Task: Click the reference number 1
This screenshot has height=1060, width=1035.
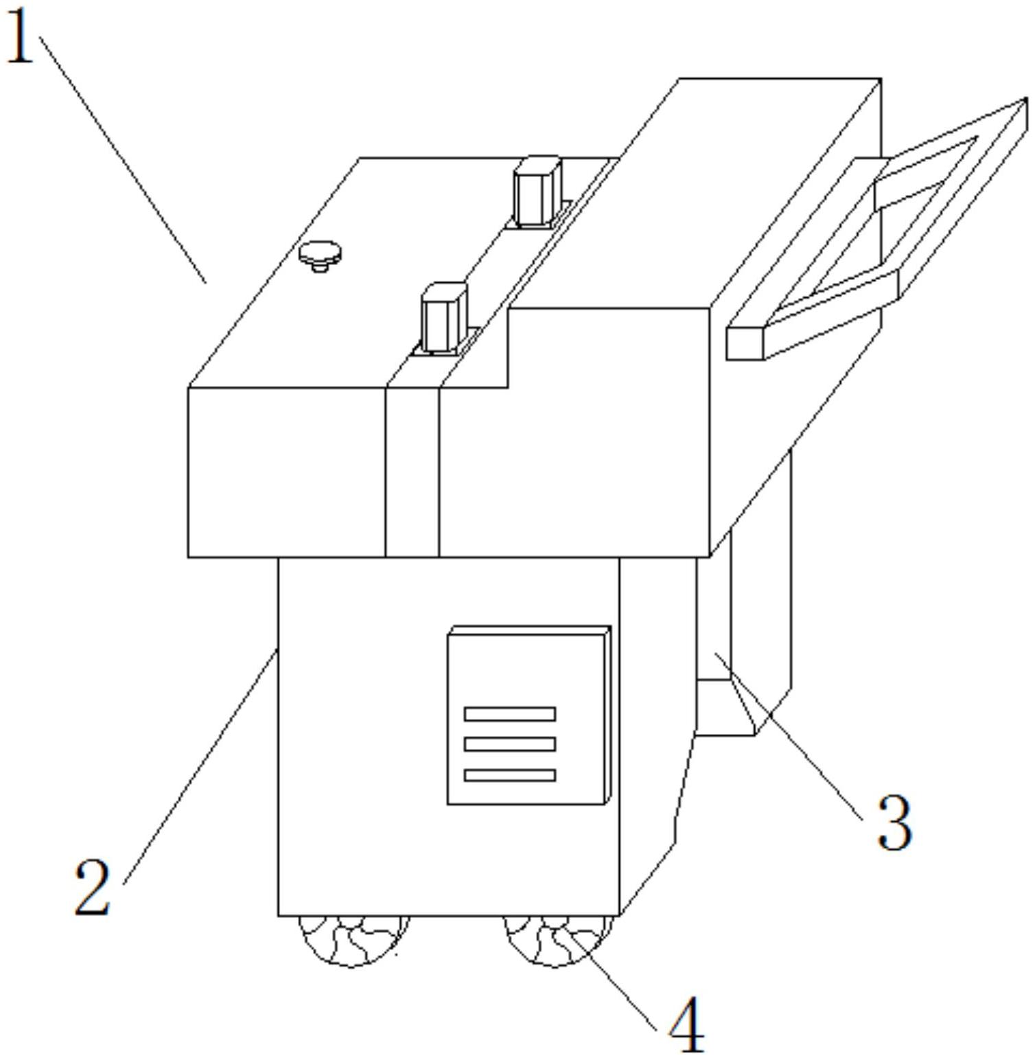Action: (21, 38)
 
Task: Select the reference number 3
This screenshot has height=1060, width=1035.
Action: (894, 822)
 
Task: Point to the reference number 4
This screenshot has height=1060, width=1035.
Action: (687, 1026)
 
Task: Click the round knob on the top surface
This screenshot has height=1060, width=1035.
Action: (320, 255)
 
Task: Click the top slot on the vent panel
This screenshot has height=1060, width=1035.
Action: (510, 714)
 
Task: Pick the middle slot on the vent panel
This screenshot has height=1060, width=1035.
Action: (510, 744)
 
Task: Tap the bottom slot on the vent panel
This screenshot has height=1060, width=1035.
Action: (510, 775)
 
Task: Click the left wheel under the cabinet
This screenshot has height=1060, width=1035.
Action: (353, 941)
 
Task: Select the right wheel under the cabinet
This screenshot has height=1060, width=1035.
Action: (557, 941)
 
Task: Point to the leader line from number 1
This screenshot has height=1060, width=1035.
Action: (122, 159)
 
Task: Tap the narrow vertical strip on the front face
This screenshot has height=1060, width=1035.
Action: (412, 472)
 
